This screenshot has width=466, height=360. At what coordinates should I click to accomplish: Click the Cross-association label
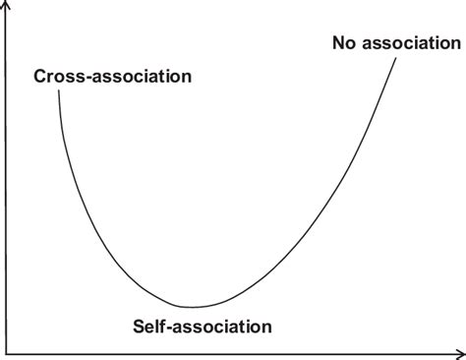[113, 76]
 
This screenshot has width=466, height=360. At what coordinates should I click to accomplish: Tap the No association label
[395, 43]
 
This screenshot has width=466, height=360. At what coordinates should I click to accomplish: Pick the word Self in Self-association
[147, 324]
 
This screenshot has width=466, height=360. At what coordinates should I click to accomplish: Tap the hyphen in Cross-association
[83, 77]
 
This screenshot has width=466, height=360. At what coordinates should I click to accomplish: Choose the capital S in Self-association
[136, 324]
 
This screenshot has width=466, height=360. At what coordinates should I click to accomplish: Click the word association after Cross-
[139, 76]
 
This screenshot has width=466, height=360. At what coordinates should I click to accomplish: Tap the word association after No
[411, 43]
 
